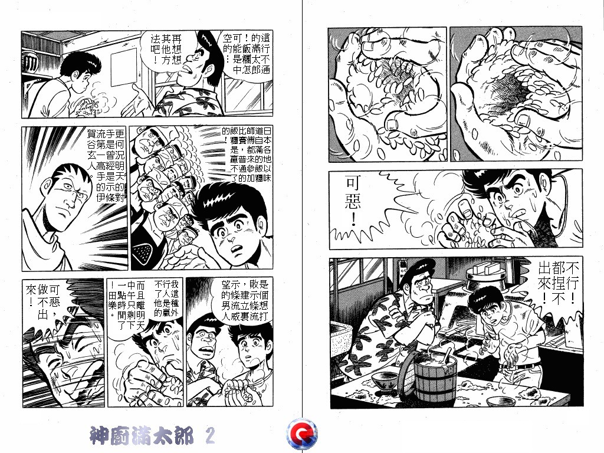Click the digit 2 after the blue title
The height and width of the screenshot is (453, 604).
click(209, 436)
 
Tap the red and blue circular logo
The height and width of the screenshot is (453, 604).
click(301, 435)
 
